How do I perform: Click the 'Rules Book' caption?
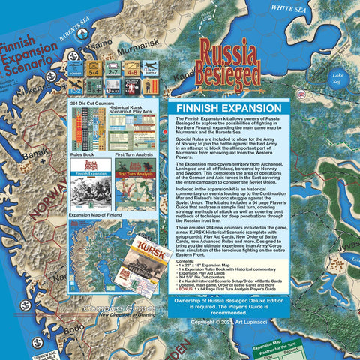pos(81,155)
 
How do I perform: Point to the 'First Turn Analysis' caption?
pos(135,155)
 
